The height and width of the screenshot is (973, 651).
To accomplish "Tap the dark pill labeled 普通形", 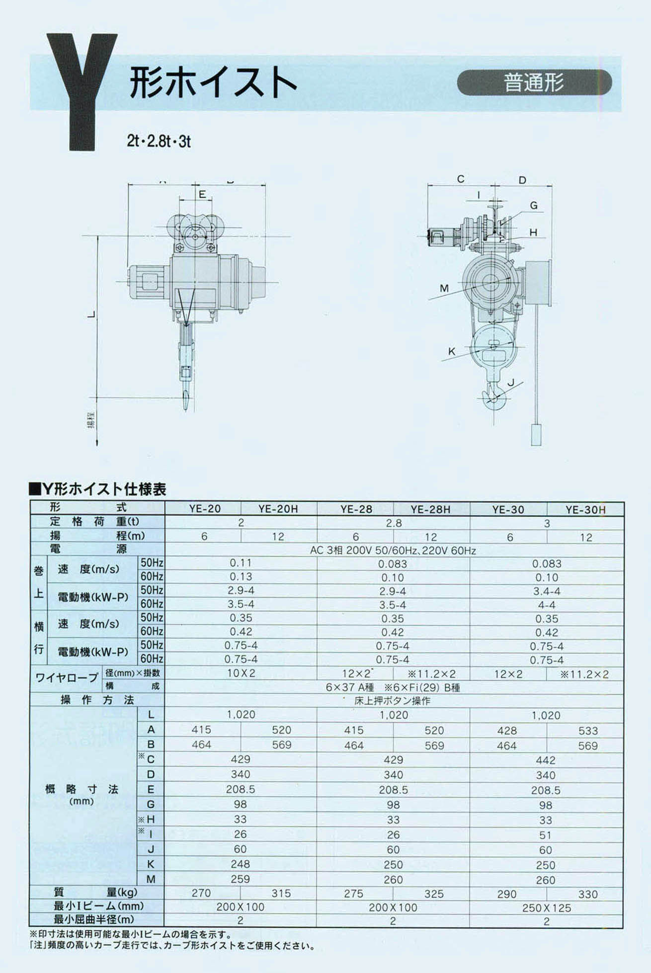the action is point(534,82).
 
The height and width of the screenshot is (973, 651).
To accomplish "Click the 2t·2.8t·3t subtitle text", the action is point(159,142).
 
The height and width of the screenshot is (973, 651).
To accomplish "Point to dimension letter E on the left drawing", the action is point(202,194).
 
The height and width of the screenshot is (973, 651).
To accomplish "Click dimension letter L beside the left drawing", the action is point(91,314).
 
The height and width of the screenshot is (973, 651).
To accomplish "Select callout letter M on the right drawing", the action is point(444,288).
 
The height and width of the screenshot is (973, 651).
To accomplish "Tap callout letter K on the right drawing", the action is point(452,351).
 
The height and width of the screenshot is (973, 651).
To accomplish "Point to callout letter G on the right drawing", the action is point(534,205).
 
